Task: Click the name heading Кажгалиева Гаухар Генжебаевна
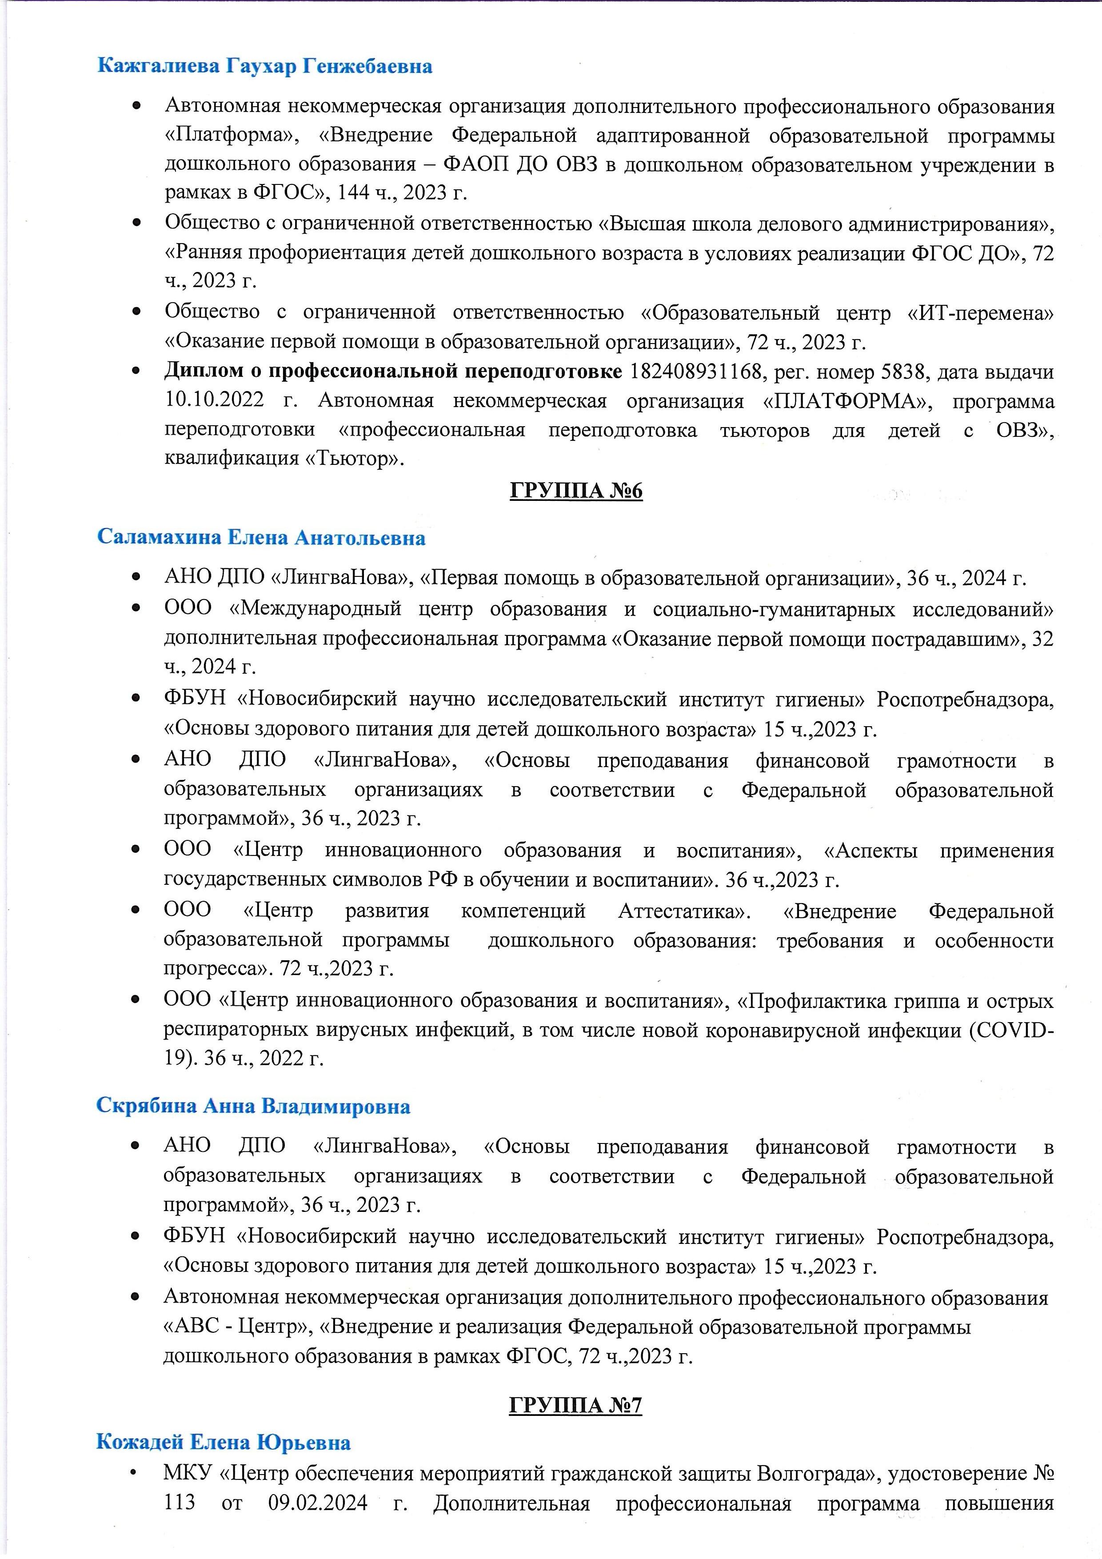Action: click(265, 67)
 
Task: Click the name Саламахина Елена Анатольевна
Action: click(261, 538)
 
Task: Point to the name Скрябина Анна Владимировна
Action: click(253, 1106)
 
